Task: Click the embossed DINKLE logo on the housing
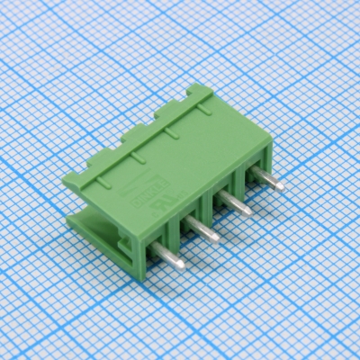coord(145,194)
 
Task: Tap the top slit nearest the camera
coord(102,183)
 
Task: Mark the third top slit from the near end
coord(169,133)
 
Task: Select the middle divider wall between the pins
coord(215,205)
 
